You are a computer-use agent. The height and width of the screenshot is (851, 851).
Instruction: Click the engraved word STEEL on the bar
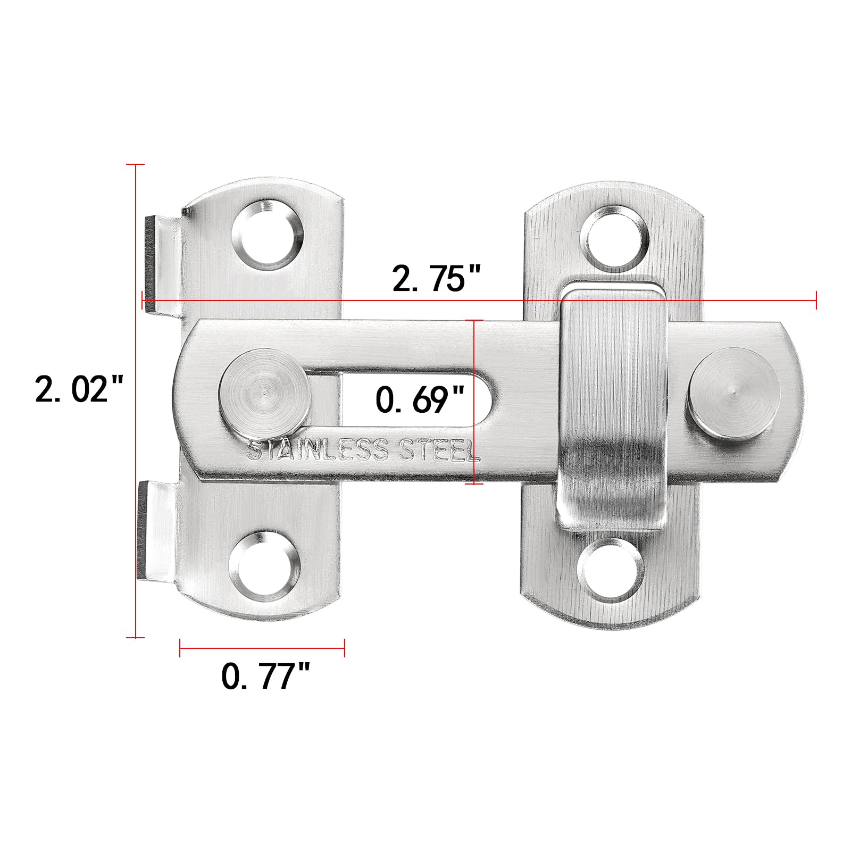[x=442, y=451]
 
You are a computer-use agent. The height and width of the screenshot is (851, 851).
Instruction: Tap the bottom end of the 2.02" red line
[x=136, y=637]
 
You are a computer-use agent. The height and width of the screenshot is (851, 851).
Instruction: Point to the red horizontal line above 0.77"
[x=262, y=647]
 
